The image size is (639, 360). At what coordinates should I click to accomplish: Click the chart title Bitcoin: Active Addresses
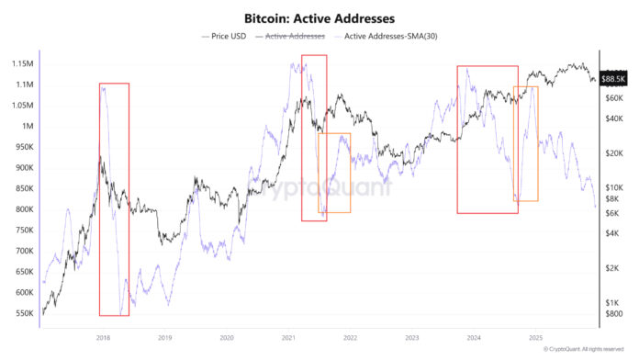319,17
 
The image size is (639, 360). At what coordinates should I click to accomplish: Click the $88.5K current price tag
614,79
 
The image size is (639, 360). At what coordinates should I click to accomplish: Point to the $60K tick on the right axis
612,96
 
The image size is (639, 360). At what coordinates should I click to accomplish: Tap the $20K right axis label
612,152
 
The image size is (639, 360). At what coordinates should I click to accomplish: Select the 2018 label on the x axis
103,337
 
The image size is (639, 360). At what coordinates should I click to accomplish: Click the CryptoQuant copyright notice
588,349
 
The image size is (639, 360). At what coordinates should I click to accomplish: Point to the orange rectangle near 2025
525,143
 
